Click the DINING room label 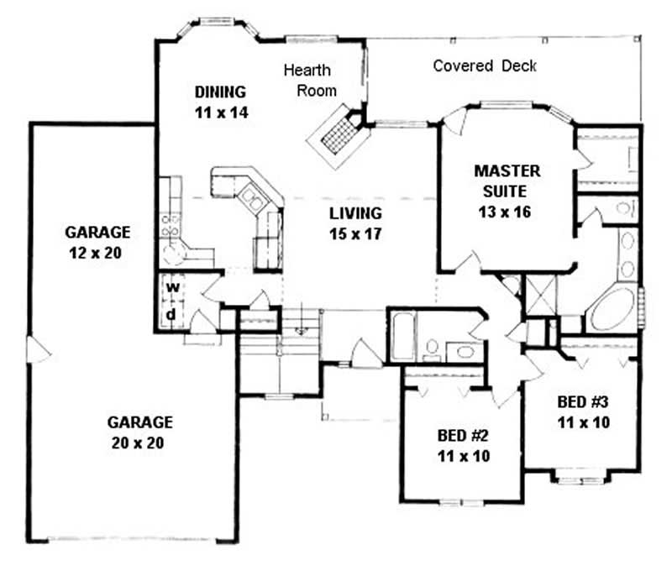[x=221, y=92]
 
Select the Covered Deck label [x=485, y=65]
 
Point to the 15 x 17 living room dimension [x=355, y=234]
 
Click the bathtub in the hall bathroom [x=401, y=336]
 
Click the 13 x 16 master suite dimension [x=507, y=212]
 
